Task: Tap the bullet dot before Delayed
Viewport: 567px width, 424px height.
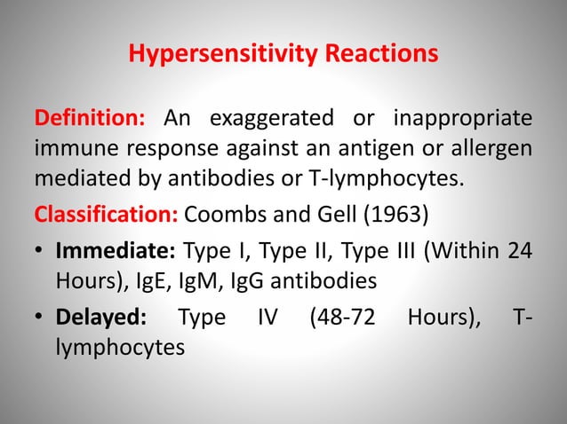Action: tap(40, 317)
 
